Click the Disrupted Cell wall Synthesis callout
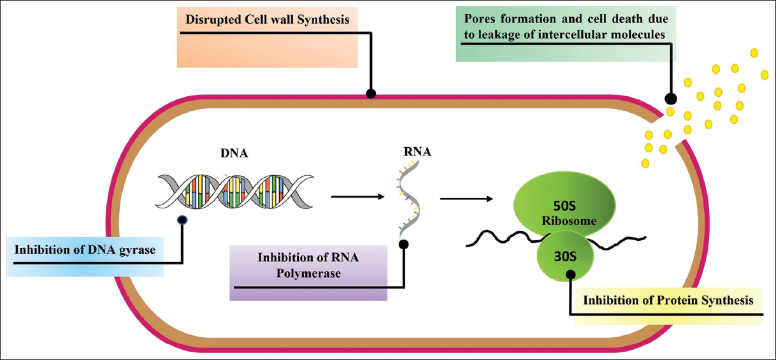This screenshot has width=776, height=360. coord(268,20)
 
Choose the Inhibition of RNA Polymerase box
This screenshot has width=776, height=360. coord(309,266)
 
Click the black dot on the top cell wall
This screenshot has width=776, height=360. coord(371,94)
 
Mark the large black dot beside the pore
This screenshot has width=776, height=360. coord(671,99)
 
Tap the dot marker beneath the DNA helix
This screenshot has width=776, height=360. coord(182,220)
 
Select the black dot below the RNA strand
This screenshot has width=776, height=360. coord(403,244)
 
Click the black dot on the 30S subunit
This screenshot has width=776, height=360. coord(570,275)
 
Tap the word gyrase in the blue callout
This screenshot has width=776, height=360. coord(135,249)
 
